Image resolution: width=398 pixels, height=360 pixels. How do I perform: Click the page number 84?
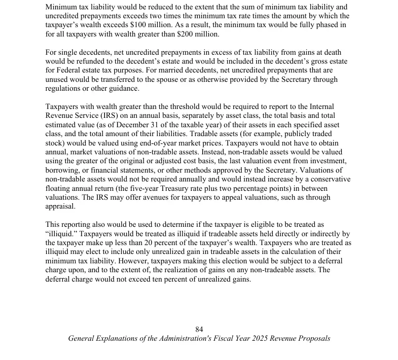pyautogui.click(x=199, y=329)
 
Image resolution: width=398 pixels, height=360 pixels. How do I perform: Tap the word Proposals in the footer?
pyautogui.click(x=313, y=338)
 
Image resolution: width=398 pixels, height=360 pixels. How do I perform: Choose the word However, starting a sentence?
pyautogui.click(x=132, y=261)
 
